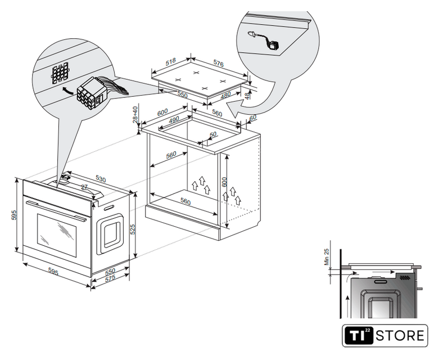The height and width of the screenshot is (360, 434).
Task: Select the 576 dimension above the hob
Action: (x=218, y=64)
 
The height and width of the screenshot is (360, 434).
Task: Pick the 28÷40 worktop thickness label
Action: (x=135, y=115)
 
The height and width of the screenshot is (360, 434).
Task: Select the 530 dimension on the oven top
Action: (x=100, y=178)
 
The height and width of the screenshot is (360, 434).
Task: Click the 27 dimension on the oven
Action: (x=84, y=188)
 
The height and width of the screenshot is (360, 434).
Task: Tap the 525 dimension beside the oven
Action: (x=133, y=229)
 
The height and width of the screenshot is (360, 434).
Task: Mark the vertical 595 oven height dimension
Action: (x=15, y=215)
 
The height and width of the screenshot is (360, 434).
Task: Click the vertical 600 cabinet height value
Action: (x=224, y=182)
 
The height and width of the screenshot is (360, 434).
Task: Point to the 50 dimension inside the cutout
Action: (x=213, y=134)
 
